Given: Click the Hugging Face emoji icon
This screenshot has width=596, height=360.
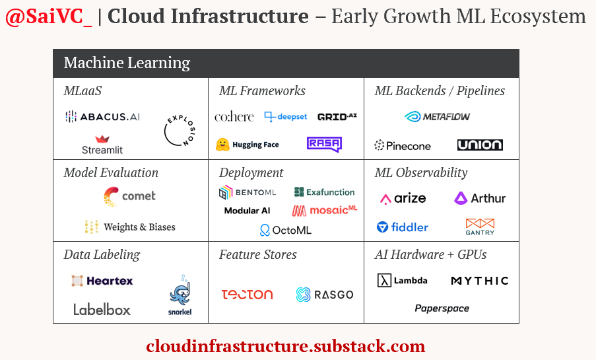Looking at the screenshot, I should (222, 144).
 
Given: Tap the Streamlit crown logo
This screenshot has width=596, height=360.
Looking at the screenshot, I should (102, 139).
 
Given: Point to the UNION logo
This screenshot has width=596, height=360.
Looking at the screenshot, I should (480, 145).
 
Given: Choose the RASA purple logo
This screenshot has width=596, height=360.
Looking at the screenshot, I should (323, 144).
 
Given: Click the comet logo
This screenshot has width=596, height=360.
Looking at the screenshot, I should (130, 196).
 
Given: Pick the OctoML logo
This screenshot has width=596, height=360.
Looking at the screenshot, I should (285, 230).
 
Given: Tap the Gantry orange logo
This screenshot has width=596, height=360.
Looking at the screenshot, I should (480, 227).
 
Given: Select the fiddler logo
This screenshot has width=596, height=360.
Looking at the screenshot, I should (403, 227).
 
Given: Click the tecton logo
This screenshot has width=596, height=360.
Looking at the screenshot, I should (247, 295).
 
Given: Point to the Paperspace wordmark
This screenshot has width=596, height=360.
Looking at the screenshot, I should (442, 308).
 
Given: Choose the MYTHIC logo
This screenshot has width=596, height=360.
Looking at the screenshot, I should (480, 281).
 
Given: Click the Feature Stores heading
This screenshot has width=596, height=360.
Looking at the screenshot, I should (258, 254).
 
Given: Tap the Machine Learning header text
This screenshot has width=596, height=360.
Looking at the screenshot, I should (127, 63).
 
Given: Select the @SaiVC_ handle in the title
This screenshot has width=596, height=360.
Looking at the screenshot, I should (49, 17).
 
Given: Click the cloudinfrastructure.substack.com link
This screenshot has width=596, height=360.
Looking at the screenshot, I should (286, 346).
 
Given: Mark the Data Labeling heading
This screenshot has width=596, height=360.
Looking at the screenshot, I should (102, 254).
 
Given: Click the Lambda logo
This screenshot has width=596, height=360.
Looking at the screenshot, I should (403, 281).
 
